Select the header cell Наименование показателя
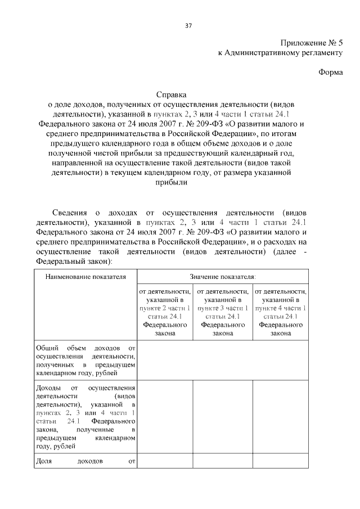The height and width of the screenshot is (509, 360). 85,277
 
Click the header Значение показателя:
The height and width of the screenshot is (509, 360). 223,277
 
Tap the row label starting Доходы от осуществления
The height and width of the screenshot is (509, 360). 85,417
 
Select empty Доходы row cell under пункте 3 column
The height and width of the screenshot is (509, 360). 223,417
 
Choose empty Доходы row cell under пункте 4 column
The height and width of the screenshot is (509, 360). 280,417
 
